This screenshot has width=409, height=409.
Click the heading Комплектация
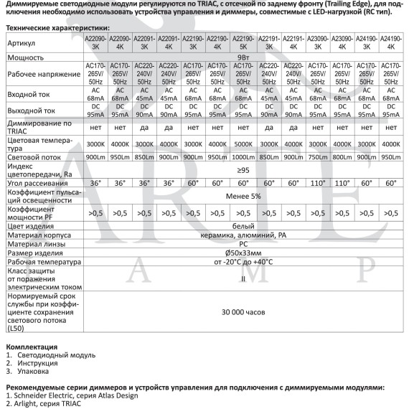32,347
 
